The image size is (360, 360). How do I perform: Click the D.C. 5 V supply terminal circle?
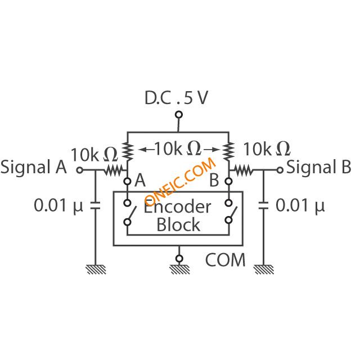179,114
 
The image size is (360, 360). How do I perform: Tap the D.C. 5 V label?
176,98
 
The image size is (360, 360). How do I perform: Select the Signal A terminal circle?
80,170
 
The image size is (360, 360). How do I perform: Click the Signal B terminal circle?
280,170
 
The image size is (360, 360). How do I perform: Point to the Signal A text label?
34,167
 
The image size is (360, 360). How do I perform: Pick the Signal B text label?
319,167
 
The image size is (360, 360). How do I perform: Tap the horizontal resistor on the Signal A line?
113,170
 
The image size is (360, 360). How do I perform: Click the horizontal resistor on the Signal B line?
243,170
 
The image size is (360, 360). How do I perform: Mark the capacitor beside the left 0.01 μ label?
95,206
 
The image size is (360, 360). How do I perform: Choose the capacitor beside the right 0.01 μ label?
263,206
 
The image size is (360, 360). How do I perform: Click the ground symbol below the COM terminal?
179,269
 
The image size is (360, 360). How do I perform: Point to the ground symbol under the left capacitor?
96,269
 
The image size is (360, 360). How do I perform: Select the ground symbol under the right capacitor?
264,269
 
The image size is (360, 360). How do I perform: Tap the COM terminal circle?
179,259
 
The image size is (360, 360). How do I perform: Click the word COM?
225,260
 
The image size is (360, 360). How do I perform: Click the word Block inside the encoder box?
178,224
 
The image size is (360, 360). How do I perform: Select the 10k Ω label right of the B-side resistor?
267,149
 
